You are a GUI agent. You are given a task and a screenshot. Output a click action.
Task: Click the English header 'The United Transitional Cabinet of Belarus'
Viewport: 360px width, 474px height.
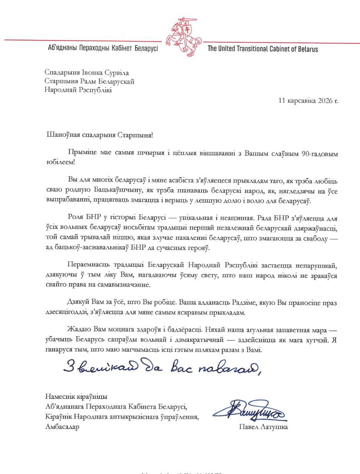pos(263,49)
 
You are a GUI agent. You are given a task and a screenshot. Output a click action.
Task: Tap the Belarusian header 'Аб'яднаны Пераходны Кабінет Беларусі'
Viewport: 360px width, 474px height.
pos(103,49)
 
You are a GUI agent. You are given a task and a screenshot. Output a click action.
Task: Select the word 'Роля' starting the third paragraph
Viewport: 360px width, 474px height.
pos(75,218)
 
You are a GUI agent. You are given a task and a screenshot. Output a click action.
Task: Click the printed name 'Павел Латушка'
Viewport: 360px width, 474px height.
pos(263,427)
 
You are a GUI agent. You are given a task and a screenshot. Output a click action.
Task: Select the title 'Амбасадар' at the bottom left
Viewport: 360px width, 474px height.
pos(62,427)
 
